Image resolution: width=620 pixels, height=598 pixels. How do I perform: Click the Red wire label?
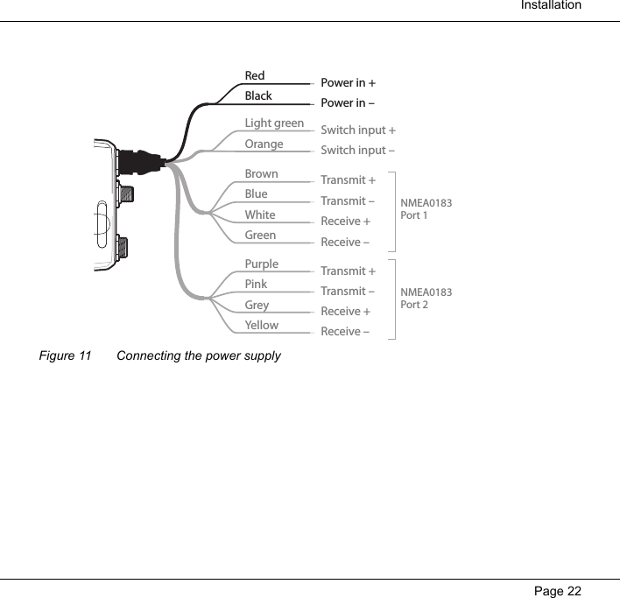pyautogui.click(x=255, y=76)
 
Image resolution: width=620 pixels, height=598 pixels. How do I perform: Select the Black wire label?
pyautogui.click(x=258, y=96)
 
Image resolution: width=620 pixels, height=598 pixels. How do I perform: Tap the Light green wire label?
pyautogui.click(x=274, y=123)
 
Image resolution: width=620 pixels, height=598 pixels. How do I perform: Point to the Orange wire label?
pyautogui.click(x=264, y=144)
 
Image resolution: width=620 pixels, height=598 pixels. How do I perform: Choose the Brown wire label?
pyautogui.click(x=261, y=174)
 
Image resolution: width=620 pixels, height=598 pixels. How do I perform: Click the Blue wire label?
pyautogui.click(x=257, y=194)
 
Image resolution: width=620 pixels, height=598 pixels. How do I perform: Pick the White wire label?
pyautogui.click(x=260, y=215)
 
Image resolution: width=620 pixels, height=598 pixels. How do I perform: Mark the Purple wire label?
pyautogui.click(x=262, y=264)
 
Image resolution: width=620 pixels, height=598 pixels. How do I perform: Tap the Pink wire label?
pyautogui.click(x=257, y=285)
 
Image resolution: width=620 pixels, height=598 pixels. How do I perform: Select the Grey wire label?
pyautogui.click(x=257, y=306)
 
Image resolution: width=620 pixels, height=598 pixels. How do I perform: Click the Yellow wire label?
pyautogui.click(x=262, y=326)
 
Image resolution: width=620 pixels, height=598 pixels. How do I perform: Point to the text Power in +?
pyautogui.click(x=348, y=83)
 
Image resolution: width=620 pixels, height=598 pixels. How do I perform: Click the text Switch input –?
pyautogui.click(x=357, y=151)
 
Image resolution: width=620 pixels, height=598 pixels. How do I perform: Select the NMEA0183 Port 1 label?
pyautogui.click(x=426, y=209)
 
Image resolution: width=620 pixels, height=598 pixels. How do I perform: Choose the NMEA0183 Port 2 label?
pyautogui.click(x=426, y=299)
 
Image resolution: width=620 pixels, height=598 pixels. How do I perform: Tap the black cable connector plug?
pyautogui.click(x=140, y=162)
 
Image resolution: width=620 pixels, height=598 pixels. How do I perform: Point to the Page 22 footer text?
pyautogui.click(x=557, y=590)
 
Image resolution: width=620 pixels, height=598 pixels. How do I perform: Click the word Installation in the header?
pyautogui.click(x=550, y=6)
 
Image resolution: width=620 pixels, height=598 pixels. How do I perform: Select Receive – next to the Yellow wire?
pyautogui.click(x=345, y=332)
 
